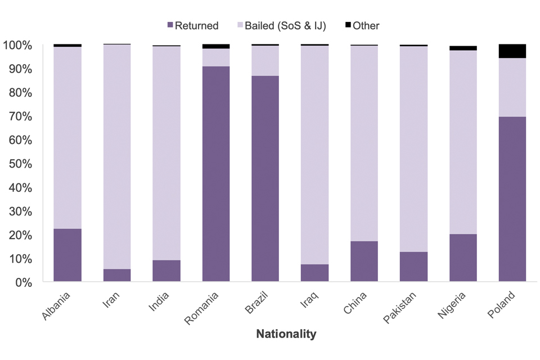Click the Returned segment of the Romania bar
(216, 174)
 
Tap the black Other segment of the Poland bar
(512, 51)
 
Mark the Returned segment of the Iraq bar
(315, 273)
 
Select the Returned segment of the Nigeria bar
(463, 258)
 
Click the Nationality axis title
(286, 334)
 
